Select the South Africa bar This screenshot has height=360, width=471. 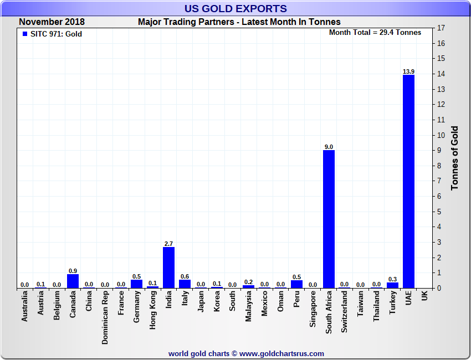click(x=329, y=219)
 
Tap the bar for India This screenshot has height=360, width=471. click(x=168, y=267)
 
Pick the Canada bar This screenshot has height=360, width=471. click(x=73, y=281)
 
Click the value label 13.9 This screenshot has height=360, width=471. click(x=408, y=71)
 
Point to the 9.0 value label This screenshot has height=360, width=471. click(x=329, y=147)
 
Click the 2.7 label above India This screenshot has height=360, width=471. click(x=168, y=244)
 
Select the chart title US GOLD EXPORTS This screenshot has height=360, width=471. click(x=235, y=8)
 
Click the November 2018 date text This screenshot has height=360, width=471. click(x=52, y=22)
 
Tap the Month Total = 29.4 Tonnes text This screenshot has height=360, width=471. click(x=375, y=33)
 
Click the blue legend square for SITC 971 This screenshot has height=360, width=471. click(x=24, y=34)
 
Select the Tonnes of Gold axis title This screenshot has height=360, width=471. click(x=455, y=158)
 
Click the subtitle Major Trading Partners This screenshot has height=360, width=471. click(x=239, y=22)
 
